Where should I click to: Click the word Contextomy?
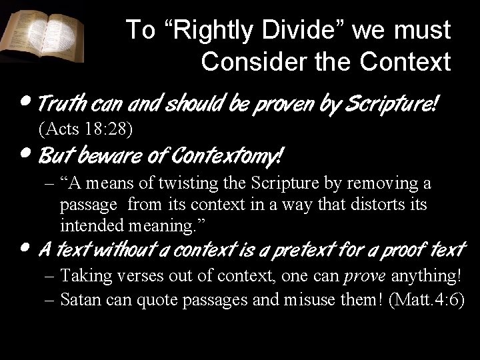[x=227, y=157]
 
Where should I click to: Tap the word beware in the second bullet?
[x=107, y=157]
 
